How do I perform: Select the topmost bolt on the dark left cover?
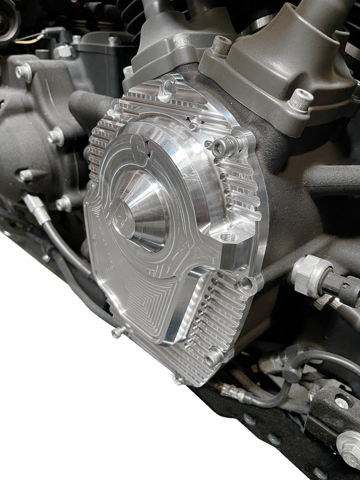[x=24, y=71]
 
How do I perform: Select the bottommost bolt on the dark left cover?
[x=63, y=204]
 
